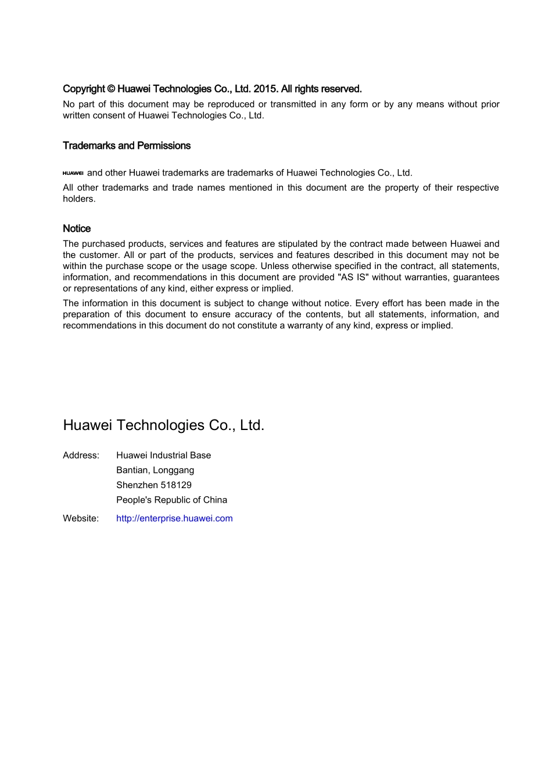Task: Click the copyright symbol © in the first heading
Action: [x=110, y=89]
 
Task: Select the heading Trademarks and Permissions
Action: [x=127, y=146]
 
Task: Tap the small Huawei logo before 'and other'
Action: [x=73, y=173]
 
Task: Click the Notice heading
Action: [x=77, y=229]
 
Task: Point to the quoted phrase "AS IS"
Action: [x=353, y=277]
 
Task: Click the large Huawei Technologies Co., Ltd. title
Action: [x=163, y=425]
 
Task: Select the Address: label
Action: [x=81, y=456]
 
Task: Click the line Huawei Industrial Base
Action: [x=163, y=456]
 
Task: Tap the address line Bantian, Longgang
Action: [x=155, y=470]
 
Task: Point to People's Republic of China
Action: [x=171, y=500]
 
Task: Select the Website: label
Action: [x=81, y=518]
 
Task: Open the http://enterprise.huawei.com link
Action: [x=174, y=518]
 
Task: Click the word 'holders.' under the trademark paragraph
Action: [x=79, y=199]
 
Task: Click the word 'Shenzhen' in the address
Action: [x=137, y=485]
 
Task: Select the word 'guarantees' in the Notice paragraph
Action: [x=476, y=277]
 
